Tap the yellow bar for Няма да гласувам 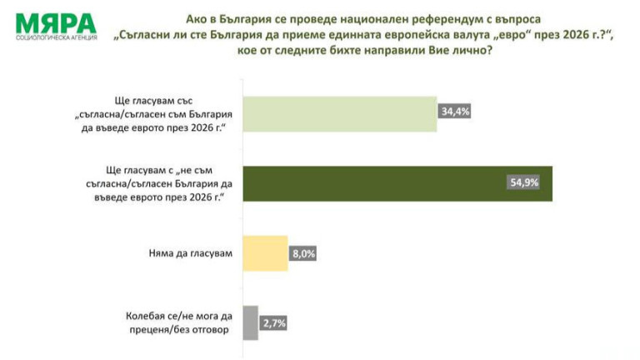[265, 252]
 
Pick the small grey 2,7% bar [249, 321]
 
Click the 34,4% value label [455, 110]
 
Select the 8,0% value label [303, 252]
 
